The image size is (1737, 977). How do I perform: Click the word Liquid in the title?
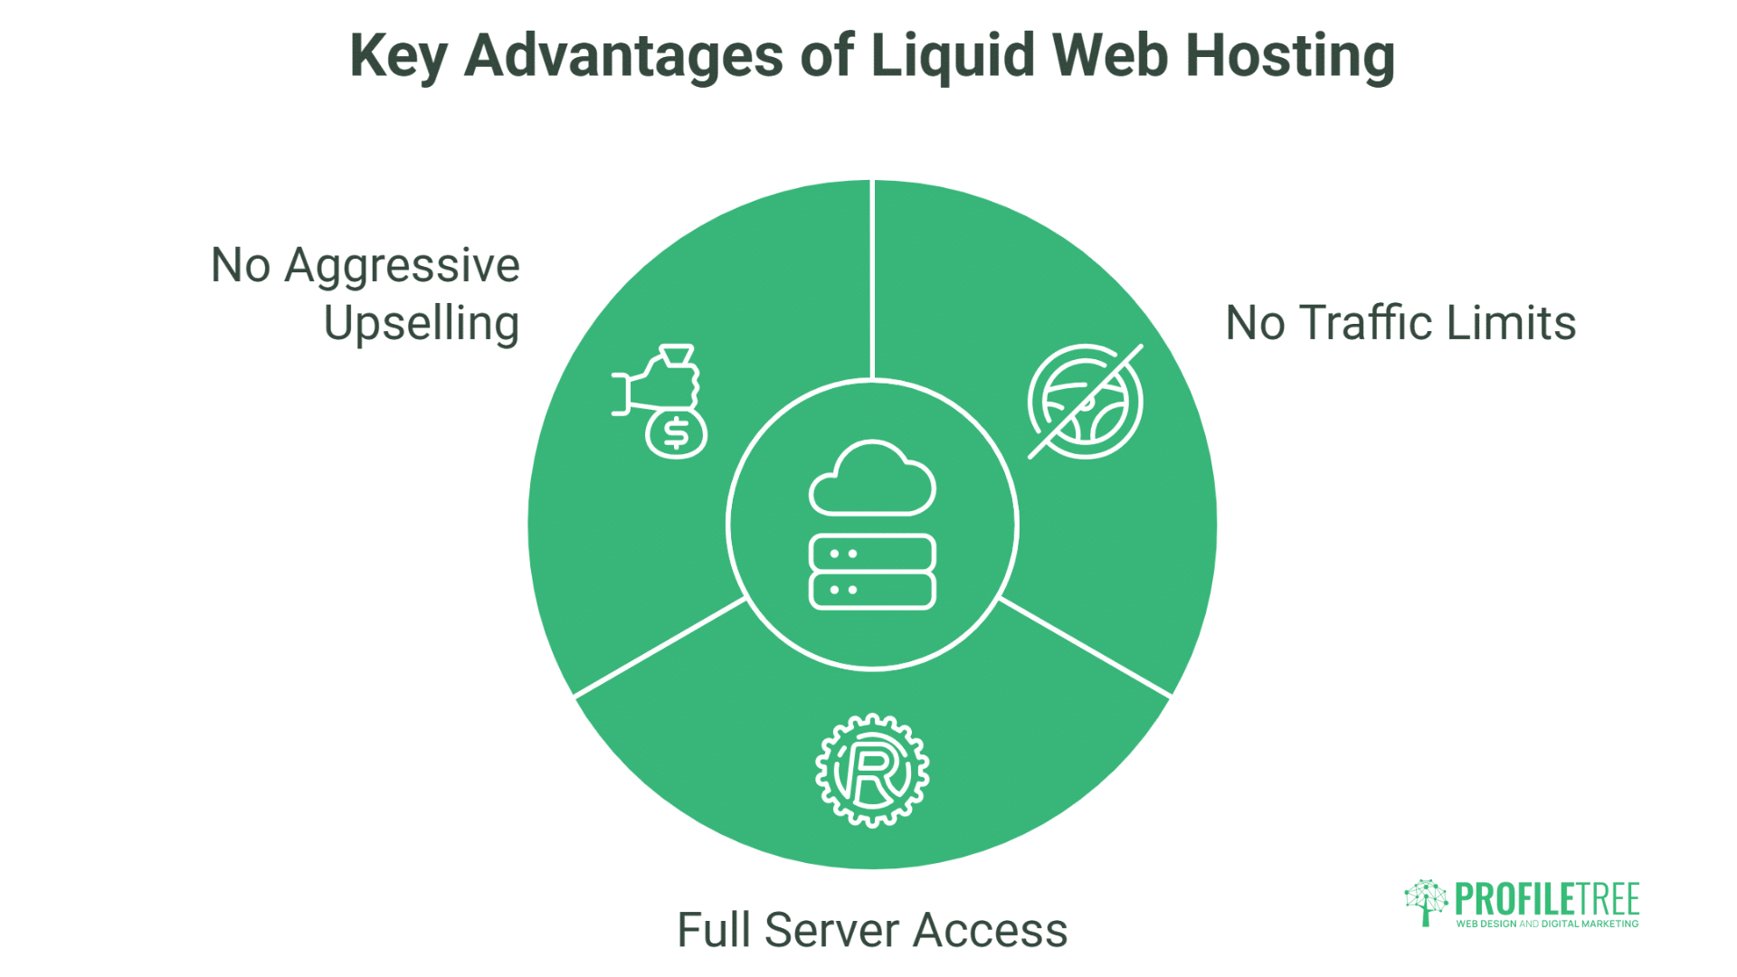[x=952, y=56]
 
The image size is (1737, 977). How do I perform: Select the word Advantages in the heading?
[x=623, y=56]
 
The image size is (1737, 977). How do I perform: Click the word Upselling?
[x=422, y=324]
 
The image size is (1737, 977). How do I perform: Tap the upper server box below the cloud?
[x=872, y=553]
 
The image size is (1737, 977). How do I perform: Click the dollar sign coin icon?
[x=676, y=434]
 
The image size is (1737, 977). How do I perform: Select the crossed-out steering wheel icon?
[x=1086, y=402]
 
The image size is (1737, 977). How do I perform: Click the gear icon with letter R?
[x=872, y=771]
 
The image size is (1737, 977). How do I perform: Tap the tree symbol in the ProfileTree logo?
[x=1426, y=901]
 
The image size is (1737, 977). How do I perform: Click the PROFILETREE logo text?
[x=1547, y=899]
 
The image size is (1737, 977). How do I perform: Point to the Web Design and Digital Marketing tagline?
[x=1547, y=925]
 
